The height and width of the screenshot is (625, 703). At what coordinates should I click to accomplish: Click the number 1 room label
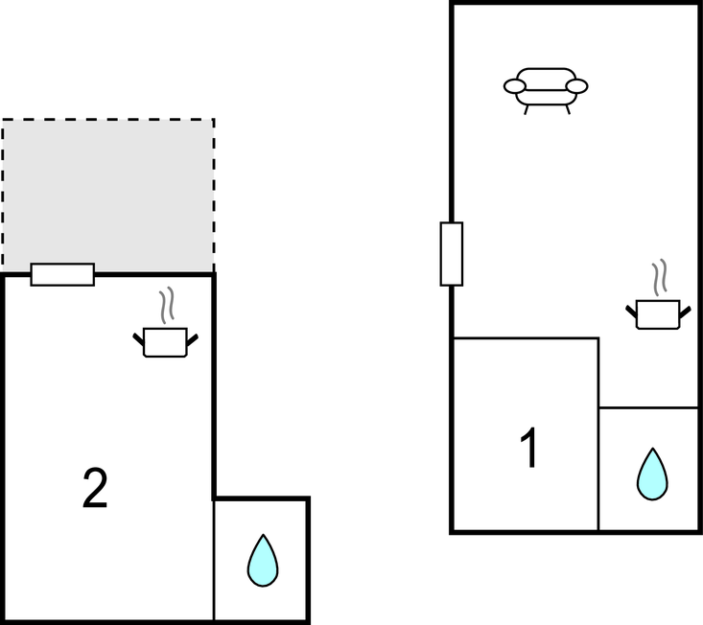pos(528,449)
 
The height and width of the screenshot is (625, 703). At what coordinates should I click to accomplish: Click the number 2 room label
pos(94,490)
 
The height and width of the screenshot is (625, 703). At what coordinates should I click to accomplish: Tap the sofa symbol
pos(546,86)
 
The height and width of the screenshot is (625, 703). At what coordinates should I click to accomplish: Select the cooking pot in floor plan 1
pos(658,314)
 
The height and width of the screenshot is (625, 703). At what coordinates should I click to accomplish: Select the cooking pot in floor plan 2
pos(165,342)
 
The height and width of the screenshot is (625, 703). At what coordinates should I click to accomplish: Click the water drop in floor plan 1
pos(652,474)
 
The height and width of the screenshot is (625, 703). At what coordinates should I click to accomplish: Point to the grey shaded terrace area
pos(107,192)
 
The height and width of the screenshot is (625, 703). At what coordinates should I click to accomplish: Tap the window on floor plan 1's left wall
pos(451,254)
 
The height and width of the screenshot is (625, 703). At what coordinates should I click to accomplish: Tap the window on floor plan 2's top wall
pos(62,274)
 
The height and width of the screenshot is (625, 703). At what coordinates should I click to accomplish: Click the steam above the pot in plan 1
pos(659,278)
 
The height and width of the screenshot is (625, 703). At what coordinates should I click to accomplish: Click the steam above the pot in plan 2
pos(167,305)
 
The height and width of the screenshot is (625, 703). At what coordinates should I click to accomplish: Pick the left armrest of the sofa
pos(515,87)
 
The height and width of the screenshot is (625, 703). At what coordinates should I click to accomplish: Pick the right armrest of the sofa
pos(576,87)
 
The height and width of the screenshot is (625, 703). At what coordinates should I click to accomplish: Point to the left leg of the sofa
pos(526,109)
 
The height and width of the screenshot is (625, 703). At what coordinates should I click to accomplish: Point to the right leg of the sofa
pos(567,109)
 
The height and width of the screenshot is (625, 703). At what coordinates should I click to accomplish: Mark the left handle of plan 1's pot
pos(632,310)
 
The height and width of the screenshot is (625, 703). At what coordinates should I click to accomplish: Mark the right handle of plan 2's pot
pos(193,337)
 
